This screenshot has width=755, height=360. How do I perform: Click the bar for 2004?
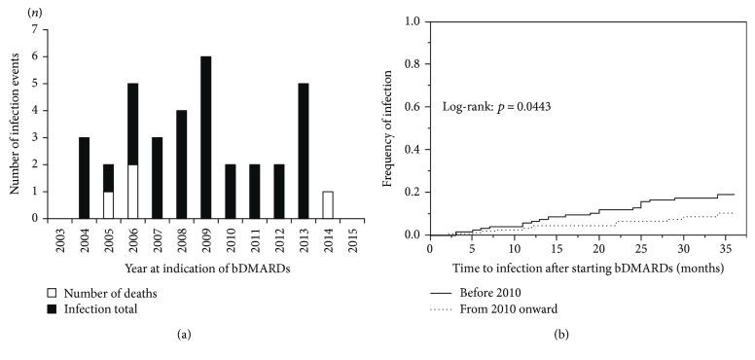(85, 178)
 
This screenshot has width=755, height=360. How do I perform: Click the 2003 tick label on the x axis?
(60, 237)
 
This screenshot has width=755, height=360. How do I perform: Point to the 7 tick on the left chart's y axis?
(35, 29)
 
